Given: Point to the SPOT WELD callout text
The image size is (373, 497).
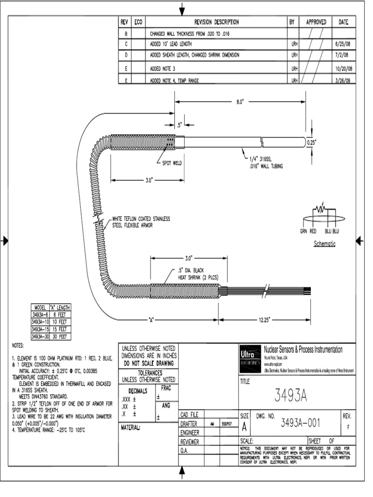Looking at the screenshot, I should (x=170, y=164).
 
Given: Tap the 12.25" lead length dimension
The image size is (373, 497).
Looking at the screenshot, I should (x=264, y=320).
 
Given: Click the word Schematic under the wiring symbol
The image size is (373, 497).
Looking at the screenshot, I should (x=325, y=244).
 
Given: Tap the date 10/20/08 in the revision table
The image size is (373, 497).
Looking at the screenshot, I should (x=343, y=68).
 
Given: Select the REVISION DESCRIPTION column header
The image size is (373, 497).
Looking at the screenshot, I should (x=216, y=22).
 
